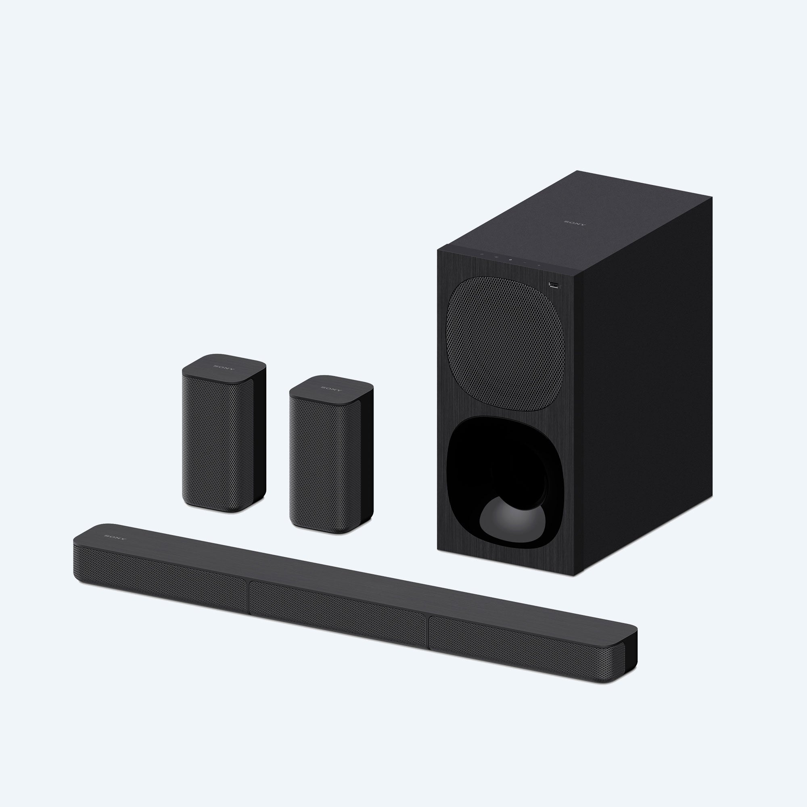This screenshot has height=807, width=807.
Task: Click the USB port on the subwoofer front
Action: coord(554,286)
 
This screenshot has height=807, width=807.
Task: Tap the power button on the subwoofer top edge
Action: coord(482,253)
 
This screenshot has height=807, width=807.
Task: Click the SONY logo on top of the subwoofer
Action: coord(575,223)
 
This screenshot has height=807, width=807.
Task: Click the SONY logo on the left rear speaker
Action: coord(224,368)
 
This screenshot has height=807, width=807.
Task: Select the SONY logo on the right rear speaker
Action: coord(331,389)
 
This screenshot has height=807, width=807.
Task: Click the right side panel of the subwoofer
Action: coord(643,376)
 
